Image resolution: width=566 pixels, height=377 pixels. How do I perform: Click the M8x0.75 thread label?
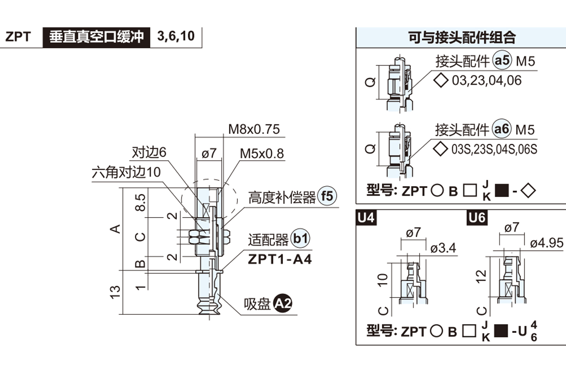coord(254,129)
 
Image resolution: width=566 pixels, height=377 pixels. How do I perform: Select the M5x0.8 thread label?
coord(262,154)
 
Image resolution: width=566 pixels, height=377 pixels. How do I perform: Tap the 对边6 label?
coord(149,153)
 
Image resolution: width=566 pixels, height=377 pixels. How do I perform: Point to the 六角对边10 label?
coord(126,172)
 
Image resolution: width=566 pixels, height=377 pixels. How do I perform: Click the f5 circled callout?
coord(327,196)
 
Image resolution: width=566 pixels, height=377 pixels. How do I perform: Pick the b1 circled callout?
coord(300,239)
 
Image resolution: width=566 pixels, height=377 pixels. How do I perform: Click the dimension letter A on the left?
coord(115,229)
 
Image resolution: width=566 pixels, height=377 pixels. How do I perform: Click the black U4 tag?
coord(366,218)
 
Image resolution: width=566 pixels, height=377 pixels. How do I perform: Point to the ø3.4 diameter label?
coord(443,247)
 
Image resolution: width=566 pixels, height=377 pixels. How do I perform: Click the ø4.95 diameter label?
coord(546,243)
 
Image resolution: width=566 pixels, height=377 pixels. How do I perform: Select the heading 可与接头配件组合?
coord(462,37)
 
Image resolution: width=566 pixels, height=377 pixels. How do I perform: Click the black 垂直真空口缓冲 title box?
coord(96,37)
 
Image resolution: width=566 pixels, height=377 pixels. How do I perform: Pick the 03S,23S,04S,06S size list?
coord(494,149)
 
